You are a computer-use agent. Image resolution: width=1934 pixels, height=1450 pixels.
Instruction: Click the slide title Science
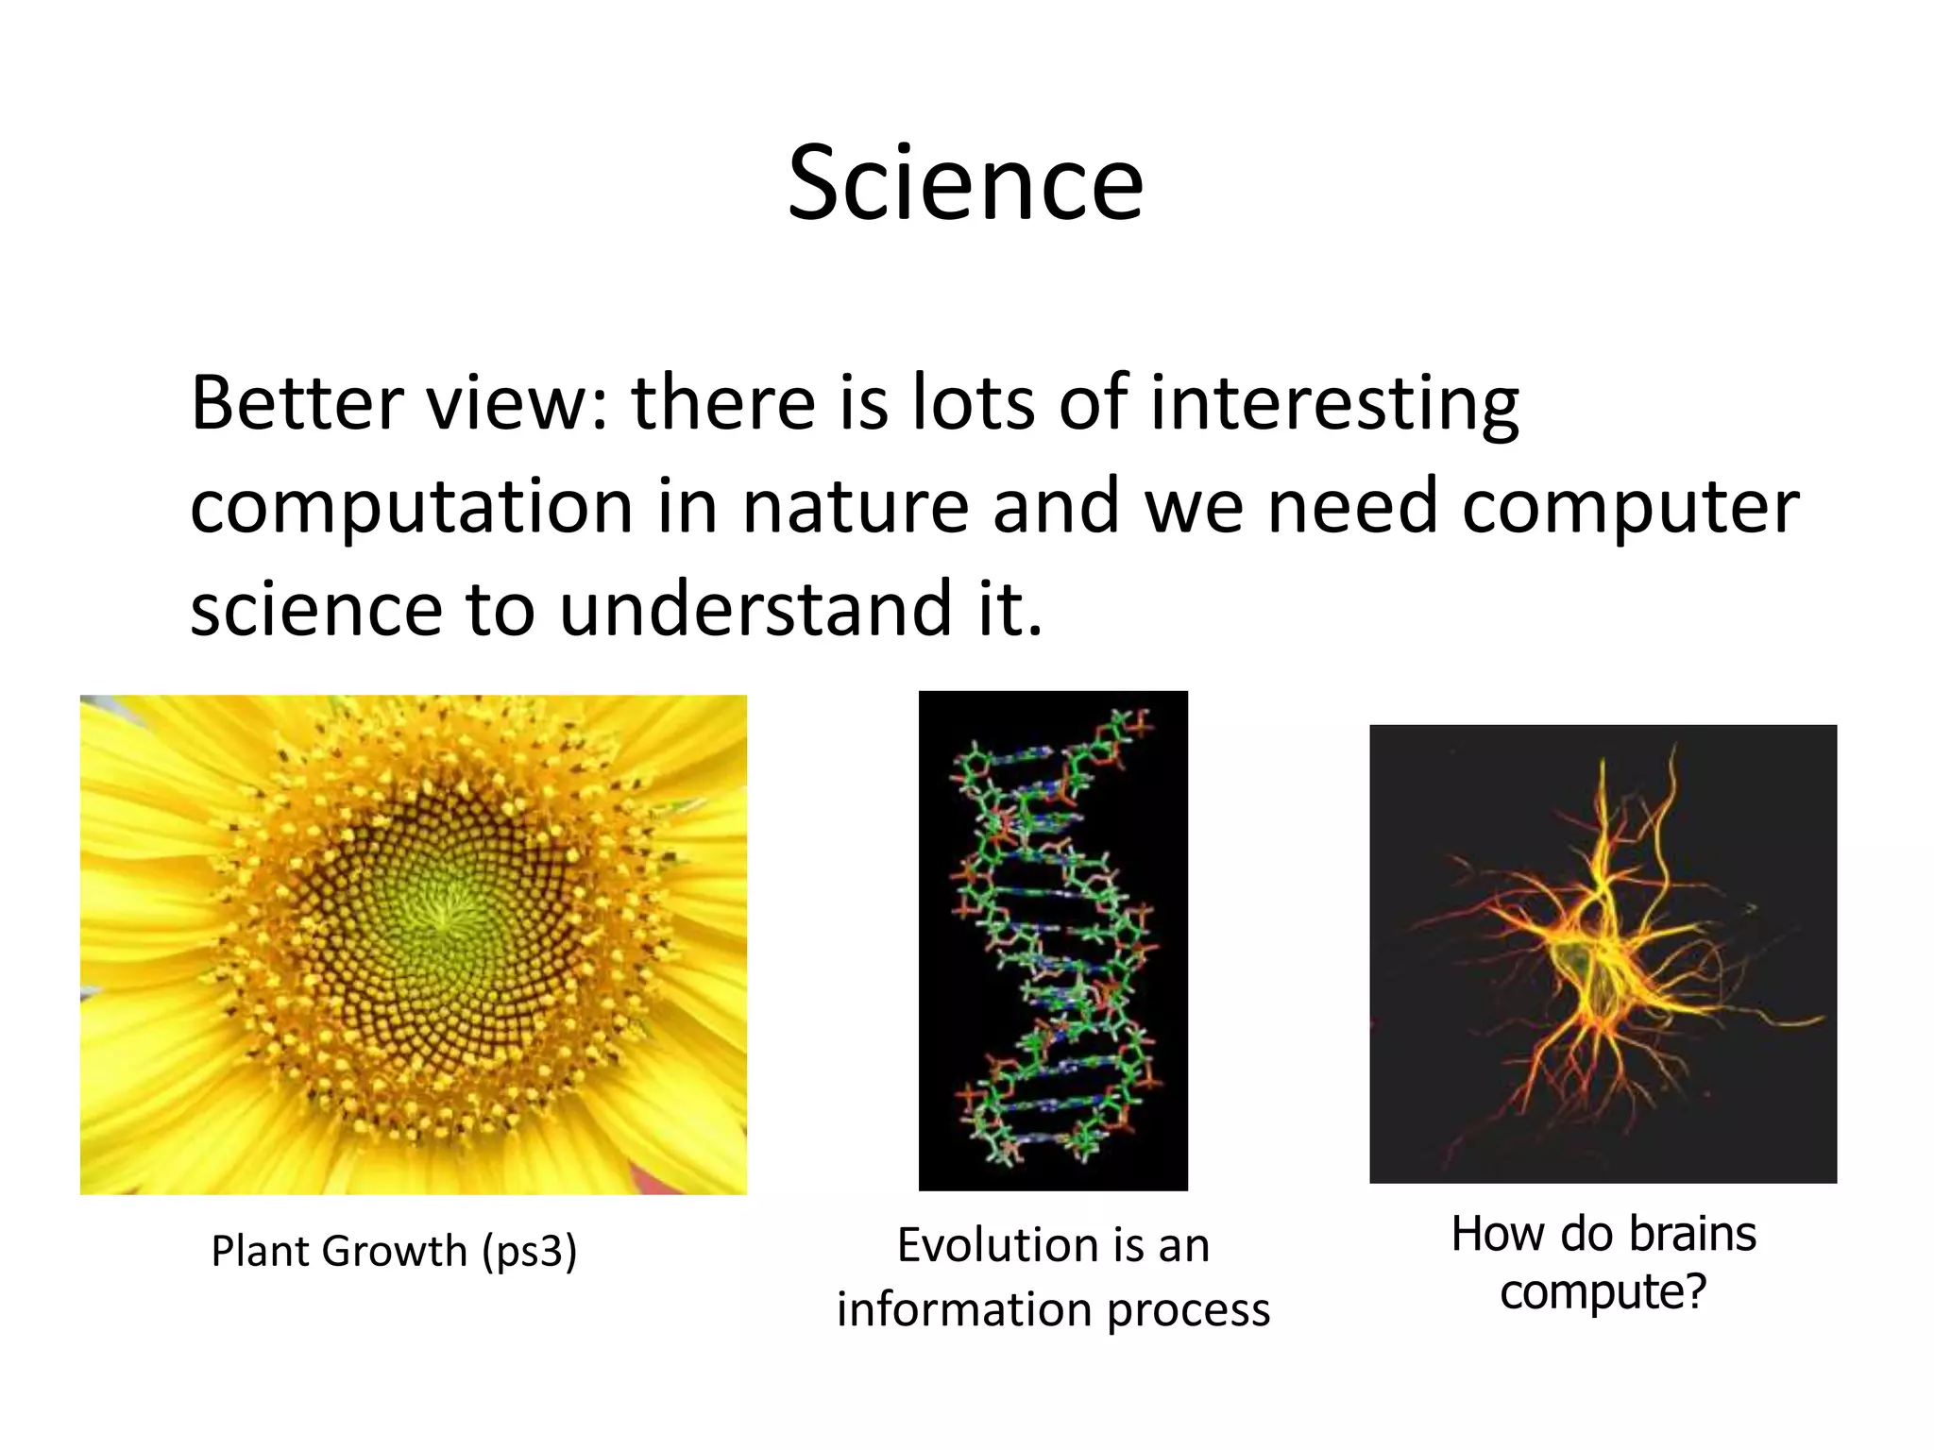pos(965,184)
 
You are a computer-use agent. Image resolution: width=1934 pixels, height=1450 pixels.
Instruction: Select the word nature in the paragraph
pos(856,507)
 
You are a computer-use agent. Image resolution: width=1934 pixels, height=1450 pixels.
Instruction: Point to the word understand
pos(755,609)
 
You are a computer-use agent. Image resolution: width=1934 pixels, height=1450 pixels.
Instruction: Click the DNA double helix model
pos(1053,939)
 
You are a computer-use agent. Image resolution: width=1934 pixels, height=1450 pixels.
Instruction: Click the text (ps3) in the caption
pos(529,1252)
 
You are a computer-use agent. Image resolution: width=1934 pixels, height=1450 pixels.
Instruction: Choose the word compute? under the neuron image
pos(1603,1291)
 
